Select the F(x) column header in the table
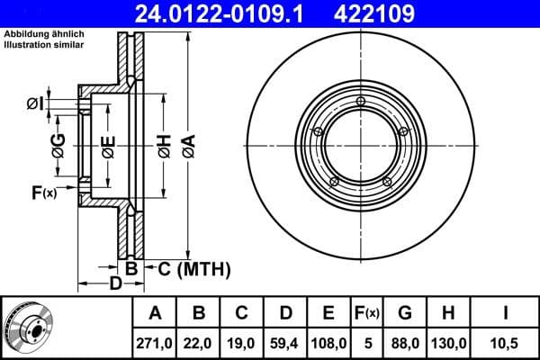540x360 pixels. pos(368,312)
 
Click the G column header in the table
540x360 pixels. pos(405,312)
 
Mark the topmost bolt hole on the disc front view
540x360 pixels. pos(360,101)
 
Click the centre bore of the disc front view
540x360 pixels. pos(360,142)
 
